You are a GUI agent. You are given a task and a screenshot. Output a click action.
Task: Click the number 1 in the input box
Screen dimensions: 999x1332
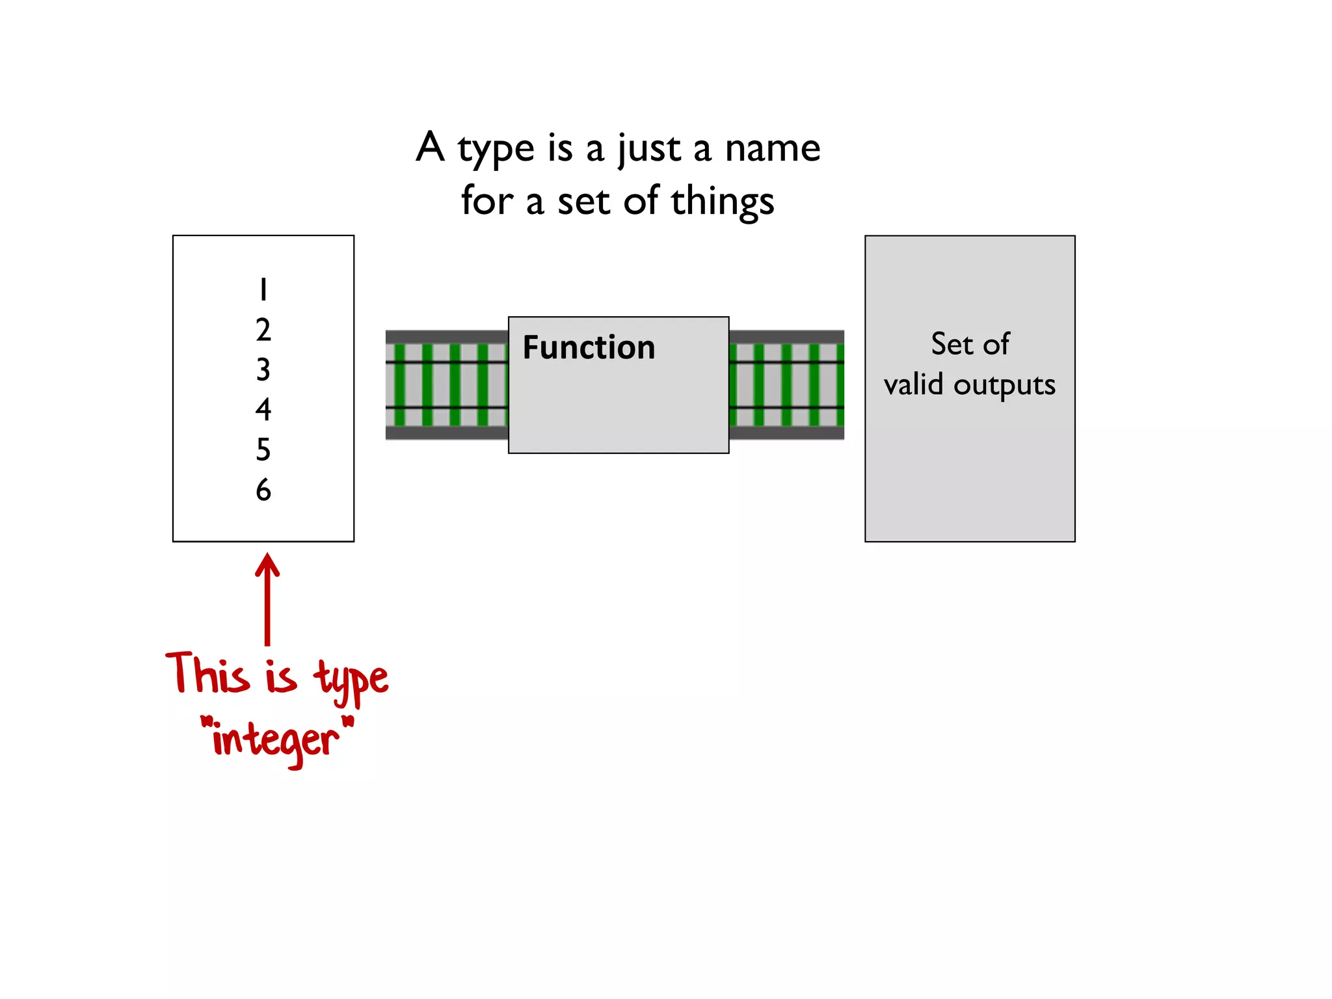[x=263, y=290]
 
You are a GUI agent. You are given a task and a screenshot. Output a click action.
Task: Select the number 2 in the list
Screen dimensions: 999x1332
[x=263, y=330]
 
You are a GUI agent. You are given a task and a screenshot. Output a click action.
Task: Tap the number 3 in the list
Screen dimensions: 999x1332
[x=263, y=370]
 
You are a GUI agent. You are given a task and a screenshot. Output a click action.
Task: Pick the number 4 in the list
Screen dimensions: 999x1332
[x=263, y=410]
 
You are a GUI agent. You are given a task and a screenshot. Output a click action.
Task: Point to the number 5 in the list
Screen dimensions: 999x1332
[x=263, y=449]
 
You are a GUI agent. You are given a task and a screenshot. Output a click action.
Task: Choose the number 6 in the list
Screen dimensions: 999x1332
[x=263, y=490]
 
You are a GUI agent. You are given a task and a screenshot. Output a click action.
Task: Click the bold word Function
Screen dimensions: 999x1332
[x=589, y=347]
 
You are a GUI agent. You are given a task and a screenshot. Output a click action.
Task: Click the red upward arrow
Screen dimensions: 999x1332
[x=267, y=598]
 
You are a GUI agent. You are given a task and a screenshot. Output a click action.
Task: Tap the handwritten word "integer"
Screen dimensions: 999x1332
[x=276, y=740]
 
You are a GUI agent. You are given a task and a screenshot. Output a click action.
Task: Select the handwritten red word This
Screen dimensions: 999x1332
[x=207, y=673]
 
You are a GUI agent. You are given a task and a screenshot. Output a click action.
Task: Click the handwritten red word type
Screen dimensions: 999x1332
[x=351, y=680]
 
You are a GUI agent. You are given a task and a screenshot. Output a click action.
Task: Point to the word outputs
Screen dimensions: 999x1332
[x=1004, y=385]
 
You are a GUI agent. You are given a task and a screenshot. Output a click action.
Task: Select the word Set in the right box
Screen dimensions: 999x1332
[x=952, y=343]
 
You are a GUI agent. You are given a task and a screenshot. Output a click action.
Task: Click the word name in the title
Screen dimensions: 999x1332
[x=773, y=149]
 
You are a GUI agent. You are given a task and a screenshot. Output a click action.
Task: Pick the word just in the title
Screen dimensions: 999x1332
[x=648, y=149]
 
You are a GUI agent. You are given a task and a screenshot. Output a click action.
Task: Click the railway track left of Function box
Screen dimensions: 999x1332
[x=446, y=385]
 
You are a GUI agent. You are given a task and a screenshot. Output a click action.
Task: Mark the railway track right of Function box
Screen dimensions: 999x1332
[x=786, y=385]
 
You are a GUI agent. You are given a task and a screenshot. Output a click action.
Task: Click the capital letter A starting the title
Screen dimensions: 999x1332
[x=431, y=147]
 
